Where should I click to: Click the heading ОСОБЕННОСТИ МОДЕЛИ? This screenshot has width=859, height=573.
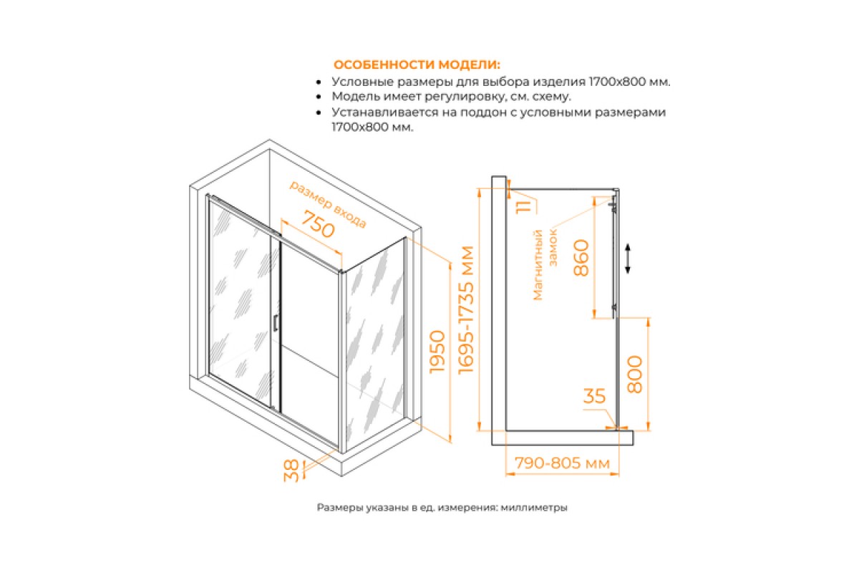(x=417, y=64)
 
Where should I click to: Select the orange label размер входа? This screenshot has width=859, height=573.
(x=328, y=204)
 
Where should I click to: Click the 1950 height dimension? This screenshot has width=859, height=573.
(x=437, y=352)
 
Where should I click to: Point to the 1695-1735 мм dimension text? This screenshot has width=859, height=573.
(x=466, y=309)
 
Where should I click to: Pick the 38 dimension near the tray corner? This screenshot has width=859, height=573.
(x=291, y=471)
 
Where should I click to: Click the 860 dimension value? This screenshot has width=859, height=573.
(x=581, y=258)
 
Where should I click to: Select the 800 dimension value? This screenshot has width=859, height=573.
(x=635, y=374)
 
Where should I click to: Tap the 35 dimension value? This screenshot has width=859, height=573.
(x=594, y=396)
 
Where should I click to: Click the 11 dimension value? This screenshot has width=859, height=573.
(x=524, y=206)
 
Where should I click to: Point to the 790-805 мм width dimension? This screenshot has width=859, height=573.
(x=562, y=463)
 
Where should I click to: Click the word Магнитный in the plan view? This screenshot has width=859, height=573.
(x=538, y=265)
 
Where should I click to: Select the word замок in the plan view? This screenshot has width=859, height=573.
(x=553, y=248)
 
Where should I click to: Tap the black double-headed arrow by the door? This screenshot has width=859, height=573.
(x=628, y=259)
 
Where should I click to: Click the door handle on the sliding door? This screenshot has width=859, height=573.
(x=276, y=323)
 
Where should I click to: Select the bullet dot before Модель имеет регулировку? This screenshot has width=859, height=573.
(x=319, y=97)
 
